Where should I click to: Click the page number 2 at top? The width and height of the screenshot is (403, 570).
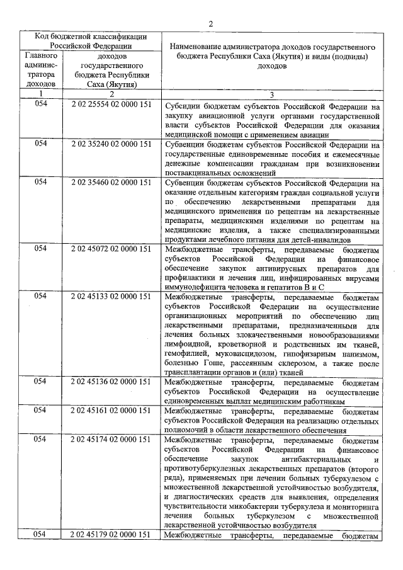[211, 23]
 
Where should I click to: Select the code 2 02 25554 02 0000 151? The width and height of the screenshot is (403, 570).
[111, 106]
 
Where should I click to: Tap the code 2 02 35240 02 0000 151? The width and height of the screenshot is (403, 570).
[111, 144]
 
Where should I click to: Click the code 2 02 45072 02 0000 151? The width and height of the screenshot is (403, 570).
[111, 249]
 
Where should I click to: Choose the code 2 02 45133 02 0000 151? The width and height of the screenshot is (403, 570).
[111, 295]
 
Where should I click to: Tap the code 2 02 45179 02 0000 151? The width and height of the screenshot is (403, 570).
[111, 535]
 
